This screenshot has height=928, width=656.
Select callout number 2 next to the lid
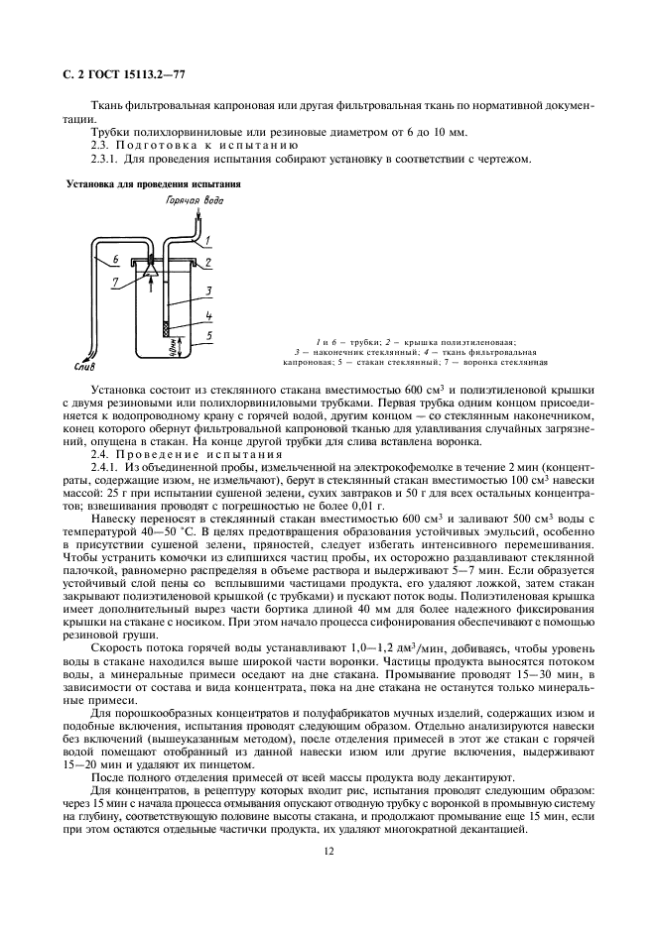click(x=209, y=265)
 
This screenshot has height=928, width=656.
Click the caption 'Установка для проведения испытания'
click(x=151, y=184)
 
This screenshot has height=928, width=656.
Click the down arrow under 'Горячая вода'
click(x=197, y=214)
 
